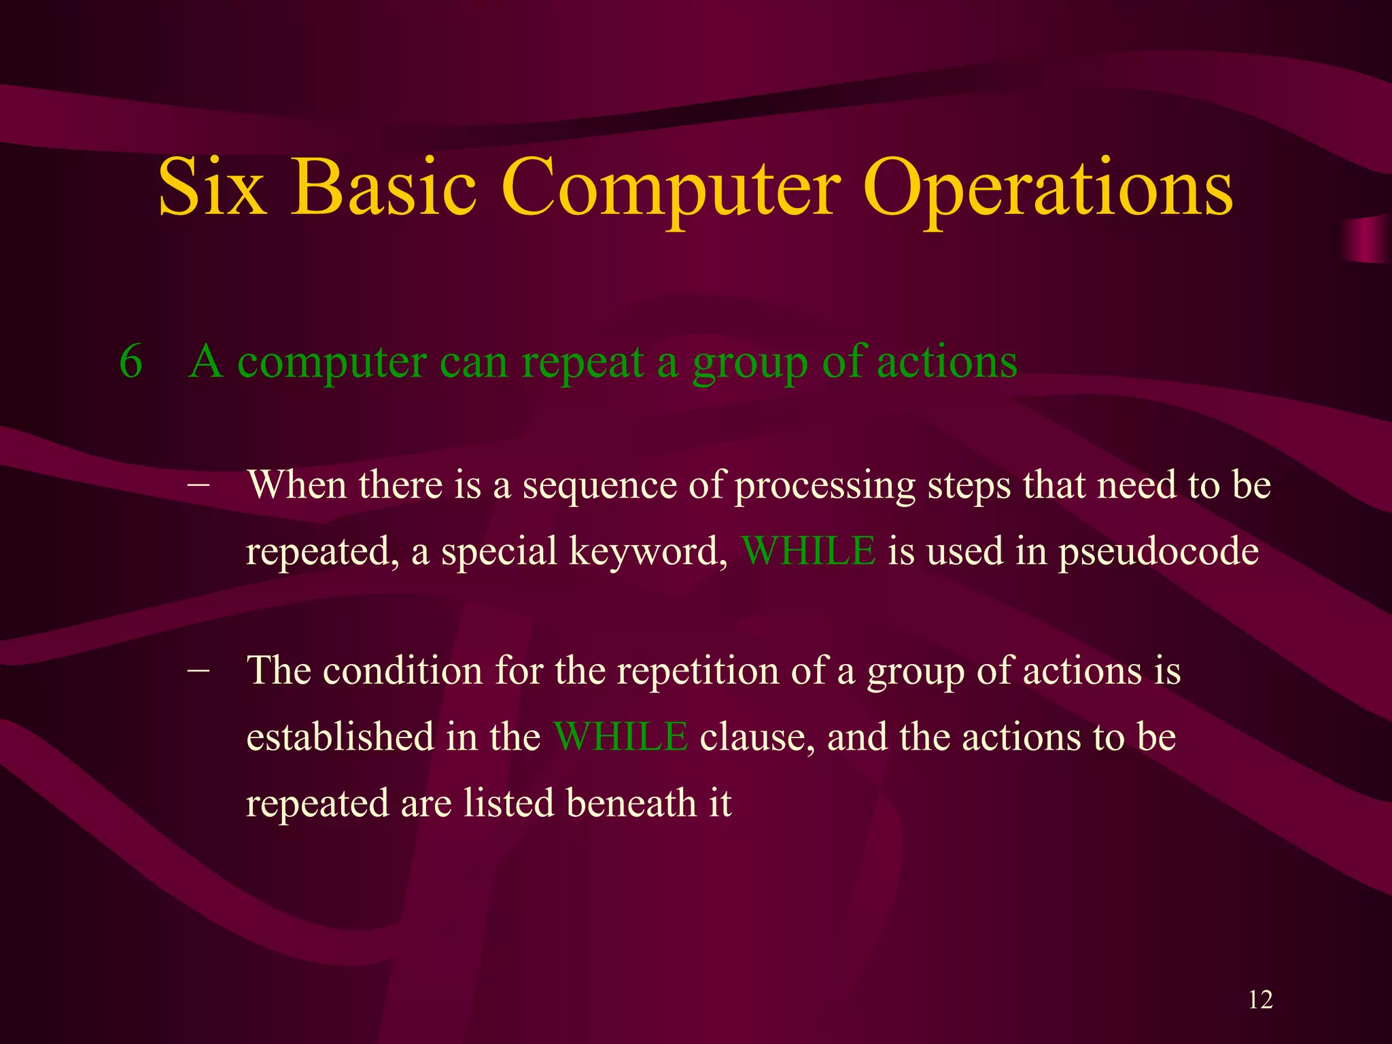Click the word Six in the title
tap(211, 187)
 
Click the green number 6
tap(130, 362)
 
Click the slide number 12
tap(1260, 1000)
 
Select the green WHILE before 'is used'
tap(808, 551)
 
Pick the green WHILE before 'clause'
tap(621, 737)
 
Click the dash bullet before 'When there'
tap(198, 485)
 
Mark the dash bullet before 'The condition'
tap(198, 670)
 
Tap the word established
tap(340, 737)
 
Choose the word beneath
tap(631, 803)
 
